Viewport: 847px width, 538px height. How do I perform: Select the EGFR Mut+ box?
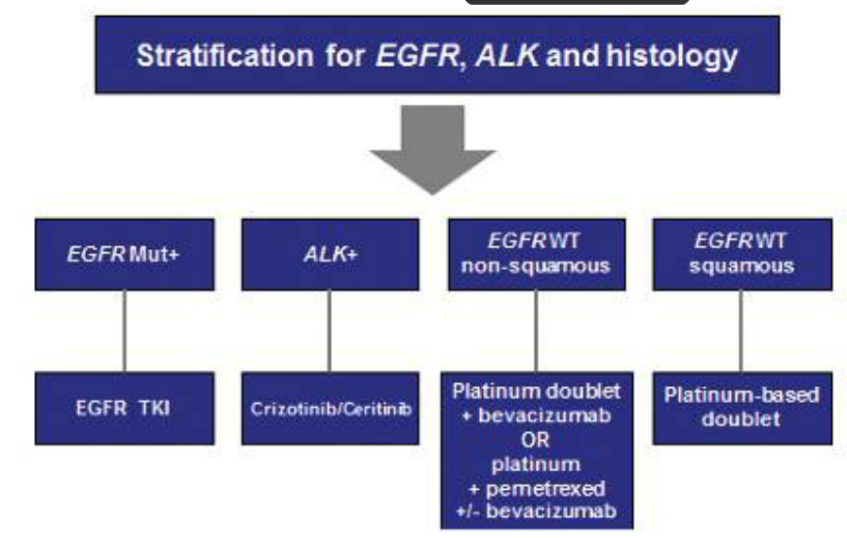(125, 255)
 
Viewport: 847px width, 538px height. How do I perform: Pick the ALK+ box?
(330, 255)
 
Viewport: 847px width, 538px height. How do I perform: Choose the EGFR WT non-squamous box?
(536, 255)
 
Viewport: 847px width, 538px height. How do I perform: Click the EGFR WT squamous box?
(741, 255)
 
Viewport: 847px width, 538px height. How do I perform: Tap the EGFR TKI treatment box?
(125, 410)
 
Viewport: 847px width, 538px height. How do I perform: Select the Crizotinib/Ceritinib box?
(330, 410)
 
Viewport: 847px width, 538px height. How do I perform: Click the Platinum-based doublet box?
(741, 407)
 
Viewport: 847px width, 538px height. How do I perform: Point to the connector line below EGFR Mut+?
(125, 330)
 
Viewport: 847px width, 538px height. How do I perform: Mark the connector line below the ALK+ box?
(330, 330)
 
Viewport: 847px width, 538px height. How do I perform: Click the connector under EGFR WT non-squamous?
(536, 330)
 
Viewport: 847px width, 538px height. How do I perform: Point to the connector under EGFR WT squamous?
(741, 330)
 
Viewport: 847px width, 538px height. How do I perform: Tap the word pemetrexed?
(549, 490)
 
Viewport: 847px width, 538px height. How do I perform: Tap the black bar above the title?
(577, 3)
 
